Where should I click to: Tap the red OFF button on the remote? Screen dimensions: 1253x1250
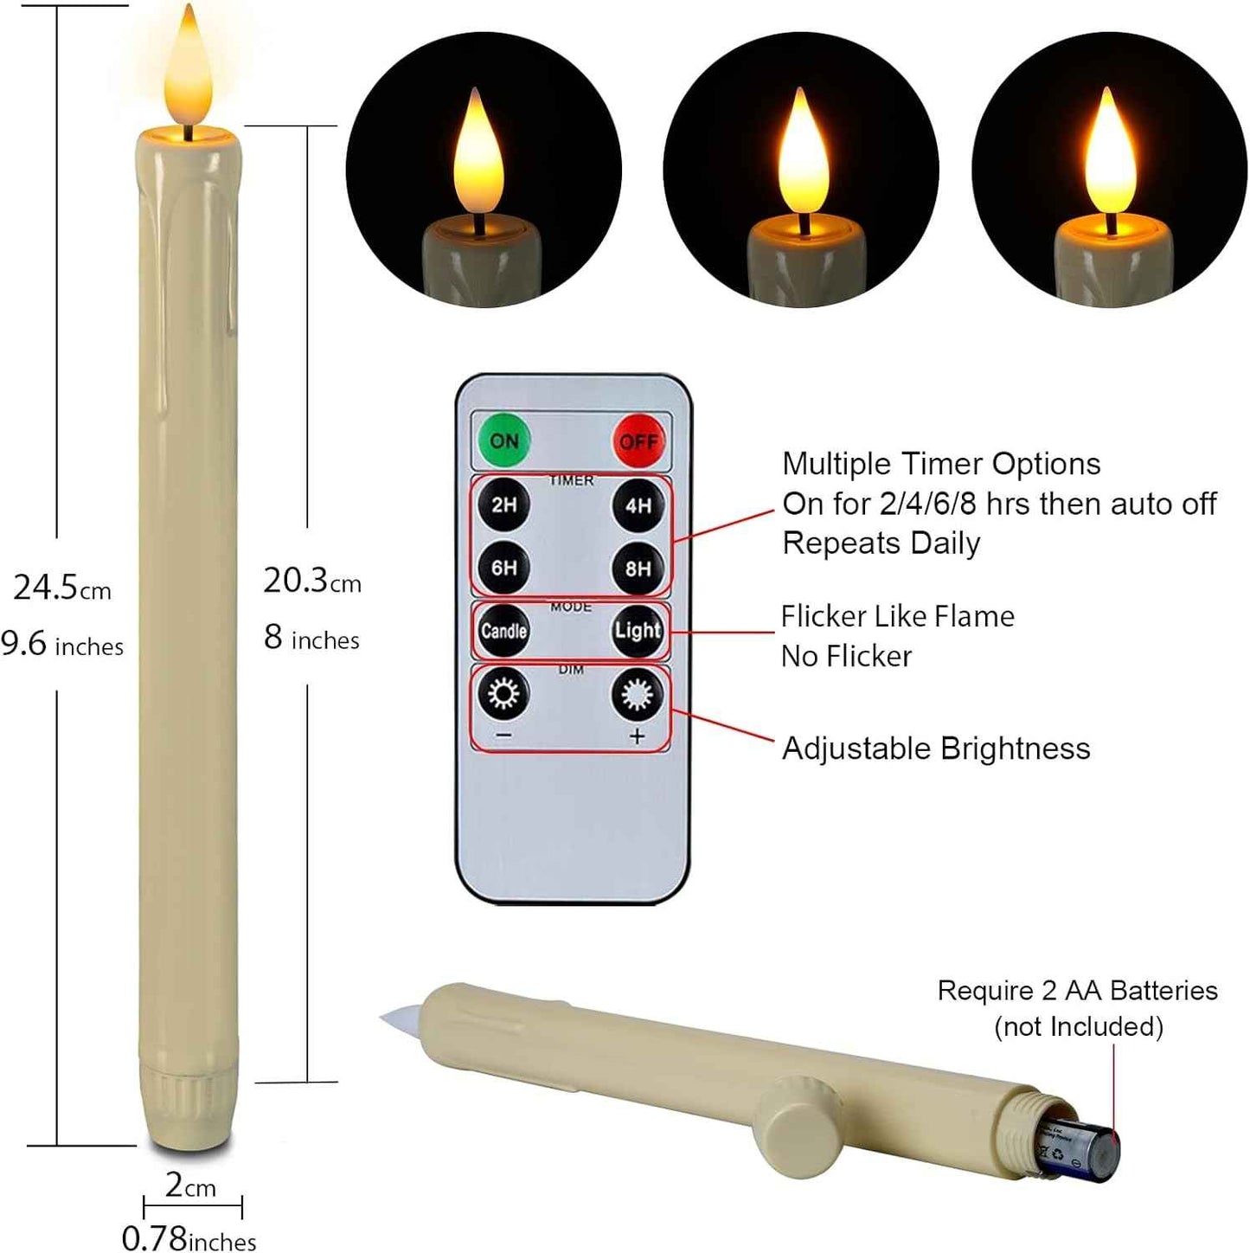point(638,441)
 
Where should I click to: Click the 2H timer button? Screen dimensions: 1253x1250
point(504,504)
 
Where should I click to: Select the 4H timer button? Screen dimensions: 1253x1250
point(638,504)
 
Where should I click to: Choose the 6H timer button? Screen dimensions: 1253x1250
point(504,568)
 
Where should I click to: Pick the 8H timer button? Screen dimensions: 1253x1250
point(638,568)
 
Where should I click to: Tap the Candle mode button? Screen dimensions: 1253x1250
point(504,631)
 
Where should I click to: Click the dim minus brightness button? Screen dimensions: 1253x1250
point(504,695)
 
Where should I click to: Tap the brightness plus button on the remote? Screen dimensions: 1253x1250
point(638,695)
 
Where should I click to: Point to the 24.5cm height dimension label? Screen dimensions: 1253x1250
point(62,588)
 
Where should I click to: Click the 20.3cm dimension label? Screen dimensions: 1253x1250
point(311,582)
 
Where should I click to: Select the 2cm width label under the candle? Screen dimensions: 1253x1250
point(190,1186)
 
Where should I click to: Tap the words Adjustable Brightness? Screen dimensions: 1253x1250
point(936,749)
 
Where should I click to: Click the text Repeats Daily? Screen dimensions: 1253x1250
point(881,543)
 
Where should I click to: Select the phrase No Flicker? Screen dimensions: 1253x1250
point(846,657)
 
